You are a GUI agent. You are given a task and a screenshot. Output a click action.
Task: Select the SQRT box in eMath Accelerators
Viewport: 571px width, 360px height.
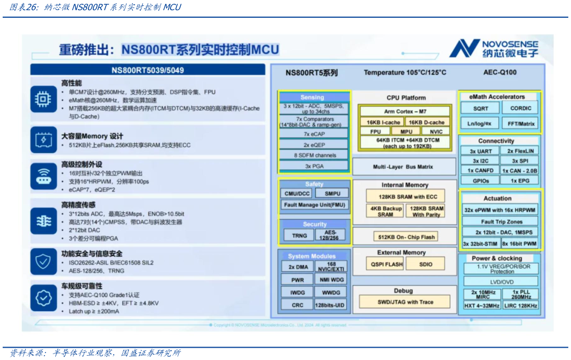480,108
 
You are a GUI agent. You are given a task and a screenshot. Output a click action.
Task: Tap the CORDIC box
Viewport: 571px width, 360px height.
521,108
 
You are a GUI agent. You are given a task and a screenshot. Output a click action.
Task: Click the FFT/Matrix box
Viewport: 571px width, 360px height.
521,123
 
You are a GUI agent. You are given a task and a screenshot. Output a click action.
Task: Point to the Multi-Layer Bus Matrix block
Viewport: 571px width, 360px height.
403,167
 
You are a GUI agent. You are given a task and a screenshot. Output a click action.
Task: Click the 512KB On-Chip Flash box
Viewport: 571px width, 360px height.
405,236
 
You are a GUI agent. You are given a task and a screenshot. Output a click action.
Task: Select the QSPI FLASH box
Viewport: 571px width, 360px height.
384,264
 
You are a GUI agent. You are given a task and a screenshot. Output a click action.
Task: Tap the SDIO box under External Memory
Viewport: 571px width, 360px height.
426,264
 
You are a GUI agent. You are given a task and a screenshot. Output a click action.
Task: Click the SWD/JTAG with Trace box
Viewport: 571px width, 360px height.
405,302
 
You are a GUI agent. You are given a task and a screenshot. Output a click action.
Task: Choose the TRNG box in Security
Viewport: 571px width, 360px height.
299,235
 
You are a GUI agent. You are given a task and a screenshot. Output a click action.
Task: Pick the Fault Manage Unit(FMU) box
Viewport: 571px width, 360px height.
315,205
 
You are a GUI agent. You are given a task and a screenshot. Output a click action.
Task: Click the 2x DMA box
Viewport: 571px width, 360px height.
298,266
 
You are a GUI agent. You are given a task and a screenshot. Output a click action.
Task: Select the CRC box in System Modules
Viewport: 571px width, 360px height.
298,305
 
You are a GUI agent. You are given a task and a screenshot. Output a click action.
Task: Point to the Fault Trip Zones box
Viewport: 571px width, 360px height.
501,221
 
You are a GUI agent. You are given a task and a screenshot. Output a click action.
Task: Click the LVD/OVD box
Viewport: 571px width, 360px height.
501,282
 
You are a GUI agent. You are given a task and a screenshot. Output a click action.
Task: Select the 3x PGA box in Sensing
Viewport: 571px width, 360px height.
315,166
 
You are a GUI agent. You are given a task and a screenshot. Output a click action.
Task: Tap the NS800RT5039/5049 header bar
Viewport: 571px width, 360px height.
147,70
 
